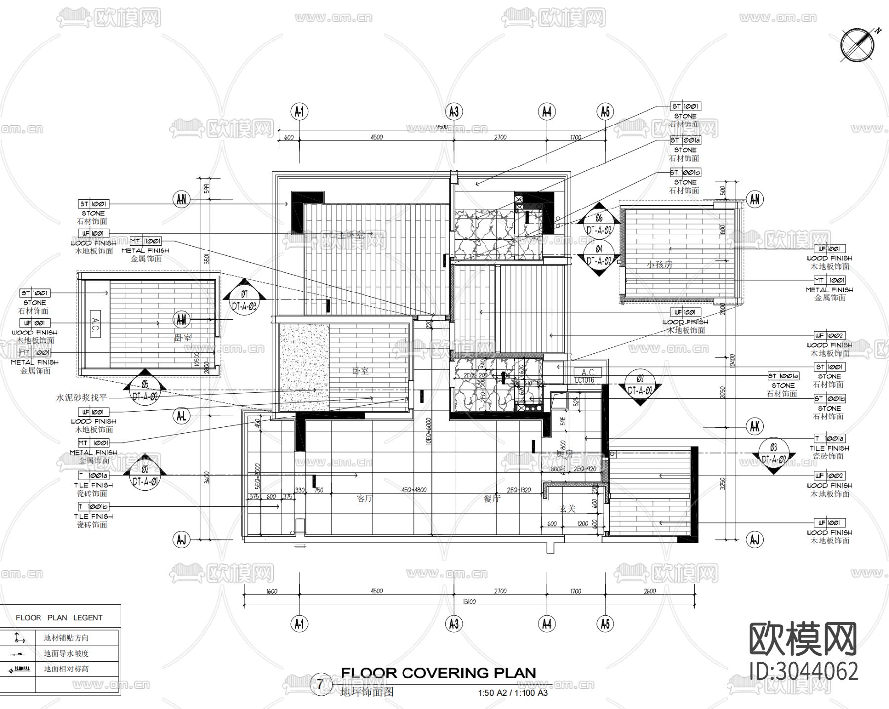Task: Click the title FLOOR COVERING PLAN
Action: [438, 673]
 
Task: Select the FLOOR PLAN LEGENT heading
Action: [59, 618]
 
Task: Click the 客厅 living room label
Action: [364, 499]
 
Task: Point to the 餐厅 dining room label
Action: [491, 499]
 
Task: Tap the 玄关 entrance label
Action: [567, 508]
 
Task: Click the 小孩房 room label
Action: [660, 265]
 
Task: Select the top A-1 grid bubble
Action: [299, 112]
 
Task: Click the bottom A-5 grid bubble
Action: [606, 625]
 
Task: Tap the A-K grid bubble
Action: [754, 426]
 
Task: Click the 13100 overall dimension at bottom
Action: [469, 602]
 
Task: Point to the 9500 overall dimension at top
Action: [442, 127]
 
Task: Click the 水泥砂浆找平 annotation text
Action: [81, 397]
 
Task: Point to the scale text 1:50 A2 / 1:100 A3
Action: [513, 693]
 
